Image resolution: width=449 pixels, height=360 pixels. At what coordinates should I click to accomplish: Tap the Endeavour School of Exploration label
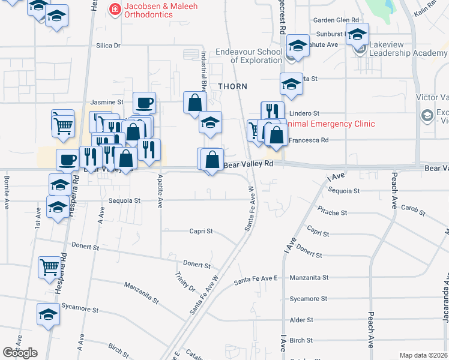(249, 56)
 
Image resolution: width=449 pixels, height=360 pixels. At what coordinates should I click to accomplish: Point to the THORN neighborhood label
(232, 86)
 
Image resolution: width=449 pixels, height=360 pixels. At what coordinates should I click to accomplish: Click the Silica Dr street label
(109, 45)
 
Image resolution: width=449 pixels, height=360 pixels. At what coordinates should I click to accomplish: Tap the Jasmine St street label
(107, 103)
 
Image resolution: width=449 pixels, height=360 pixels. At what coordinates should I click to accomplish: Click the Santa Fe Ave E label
(256, 280)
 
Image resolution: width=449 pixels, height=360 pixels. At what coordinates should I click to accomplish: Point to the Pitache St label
(333, 212)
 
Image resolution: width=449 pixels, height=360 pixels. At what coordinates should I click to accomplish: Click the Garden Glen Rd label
(336, 20)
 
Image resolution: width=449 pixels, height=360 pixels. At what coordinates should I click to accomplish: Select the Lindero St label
(304, 113)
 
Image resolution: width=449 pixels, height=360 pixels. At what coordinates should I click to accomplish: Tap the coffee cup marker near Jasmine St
(144, 103)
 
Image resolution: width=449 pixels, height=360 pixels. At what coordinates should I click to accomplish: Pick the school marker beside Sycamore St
(49, 314)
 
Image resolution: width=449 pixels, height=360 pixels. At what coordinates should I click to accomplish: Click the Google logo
(20, 353)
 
